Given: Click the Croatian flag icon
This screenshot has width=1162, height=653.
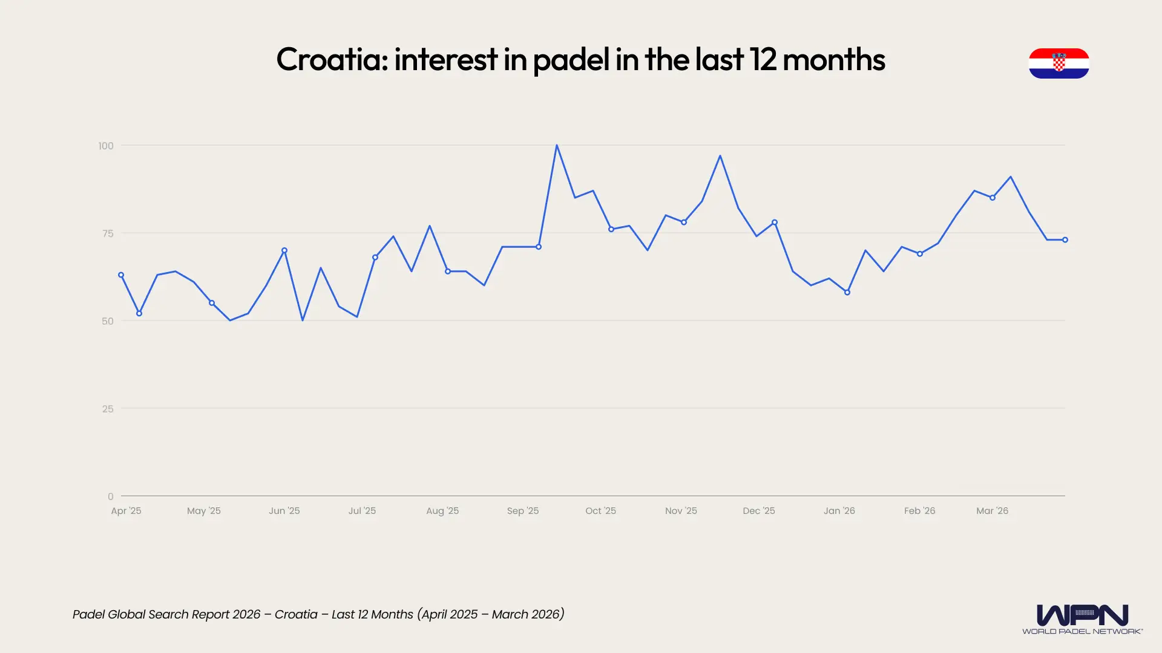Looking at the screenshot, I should (x=1059, y=63).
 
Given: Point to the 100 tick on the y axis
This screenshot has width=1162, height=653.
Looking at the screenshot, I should (x=106, y=146).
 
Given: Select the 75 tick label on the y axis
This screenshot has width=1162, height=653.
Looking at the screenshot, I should (x=108, y=233).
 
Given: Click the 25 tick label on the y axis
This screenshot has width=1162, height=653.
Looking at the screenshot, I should (x=108, y=409).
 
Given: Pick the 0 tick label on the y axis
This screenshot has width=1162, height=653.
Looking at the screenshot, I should (x=110, y=496).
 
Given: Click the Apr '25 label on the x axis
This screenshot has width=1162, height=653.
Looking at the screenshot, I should (x=126, y=511).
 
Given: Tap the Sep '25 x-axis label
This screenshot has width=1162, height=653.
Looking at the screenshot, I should (x=523, y=511).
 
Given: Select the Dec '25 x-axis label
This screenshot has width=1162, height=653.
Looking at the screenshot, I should (x=758, y=511).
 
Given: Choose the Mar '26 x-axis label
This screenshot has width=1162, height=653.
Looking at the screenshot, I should (x=992, y=511).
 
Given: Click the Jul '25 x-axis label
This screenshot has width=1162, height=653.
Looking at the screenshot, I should (x=362, y=511).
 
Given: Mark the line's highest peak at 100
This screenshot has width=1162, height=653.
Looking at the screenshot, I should (x=557, y=145).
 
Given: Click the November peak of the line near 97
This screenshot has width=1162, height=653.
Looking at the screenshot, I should (x=720, y=156).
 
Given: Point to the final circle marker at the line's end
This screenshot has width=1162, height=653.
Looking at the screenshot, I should (x=1065, y=240).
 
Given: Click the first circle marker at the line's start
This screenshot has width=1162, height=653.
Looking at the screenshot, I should (x=121, y=275).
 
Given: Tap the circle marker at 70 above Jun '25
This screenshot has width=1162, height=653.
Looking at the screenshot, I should (x=284, y=250).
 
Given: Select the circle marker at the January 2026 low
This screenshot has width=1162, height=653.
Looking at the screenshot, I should (x=847, y=293).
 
